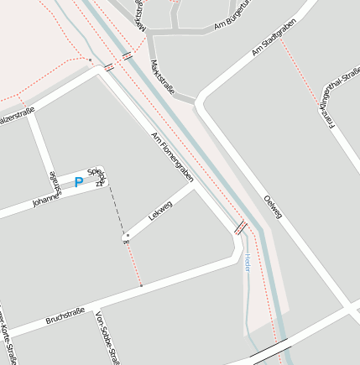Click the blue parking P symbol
79,182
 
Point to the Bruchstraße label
66,315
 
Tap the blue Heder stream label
247,261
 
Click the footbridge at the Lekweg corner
240,227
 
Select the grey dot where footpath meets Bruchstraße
141,286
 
